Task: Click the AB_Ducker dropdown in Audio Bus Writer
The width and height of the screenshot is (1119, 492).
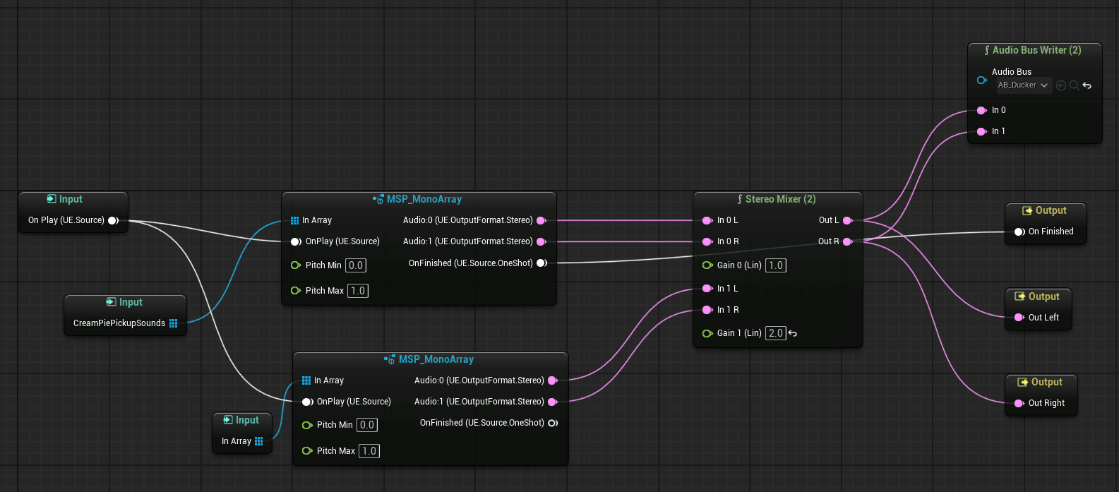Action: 1023,85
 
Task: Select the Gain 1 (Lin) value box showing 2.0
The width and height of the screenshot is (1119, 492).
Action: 776,333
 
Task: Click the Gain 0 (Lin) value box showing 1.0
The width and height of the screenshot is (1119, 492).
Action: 776,265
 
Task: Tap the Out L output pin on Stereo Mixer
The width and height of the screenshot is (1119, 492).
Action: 848,220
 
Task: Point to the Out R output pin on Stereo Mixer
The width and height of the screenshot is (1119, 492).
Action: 848,241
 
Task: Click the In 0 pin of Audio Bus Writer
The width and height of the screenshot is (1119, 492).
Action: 981,110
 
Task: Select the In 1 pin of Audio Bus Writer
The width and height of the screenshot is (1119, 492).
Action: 981,131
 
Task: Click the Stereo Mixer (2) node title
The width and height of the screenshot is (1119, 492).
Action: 780,199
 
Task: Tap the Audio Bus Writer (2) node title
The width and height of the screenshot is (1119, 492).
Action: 1036,50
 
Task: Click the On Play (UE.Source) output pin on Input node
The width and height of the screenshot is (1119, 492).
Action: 113,220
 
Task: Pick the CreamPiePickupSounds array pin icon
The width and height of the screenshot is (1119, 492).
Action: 174,323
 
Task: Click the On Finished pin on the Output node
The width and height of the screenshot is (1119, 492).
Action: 1019,232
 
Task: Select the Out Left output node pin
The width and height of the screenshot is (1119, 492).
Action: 1019,318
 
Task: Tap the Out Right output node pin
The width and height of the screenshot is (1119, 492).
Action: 1019,403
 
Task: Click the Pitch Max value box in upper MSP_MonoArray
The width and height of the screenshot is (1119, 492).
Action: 358,291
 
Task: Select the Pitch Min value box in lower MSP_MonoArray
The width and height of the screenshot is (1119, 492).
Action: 367,425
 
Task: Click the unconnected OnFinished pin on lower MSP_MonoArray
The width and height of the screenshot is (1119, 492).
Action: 553,423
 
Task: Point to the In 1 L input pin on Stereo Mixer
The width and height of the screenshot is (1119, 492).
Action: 707,289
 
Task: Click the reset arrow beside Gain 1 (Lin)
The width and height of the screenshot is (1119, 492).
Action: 793,333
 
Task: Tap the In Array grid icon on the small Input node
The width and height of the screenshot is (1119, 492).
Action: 259,441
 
